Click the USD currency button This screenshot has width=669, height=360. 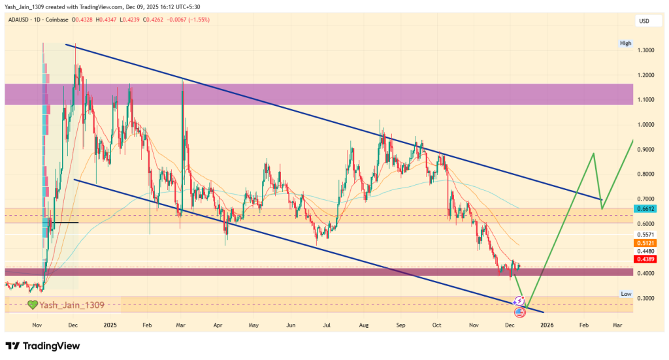[644, 22]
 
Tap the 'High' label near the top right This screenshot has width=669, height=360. [626, 43]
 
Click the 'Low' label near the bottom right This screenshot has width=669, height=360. [626, 294]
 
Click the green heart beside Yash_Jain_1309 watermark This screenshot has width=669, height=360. [31, 304]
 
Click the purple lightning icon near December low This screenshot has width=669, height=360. [519, 301]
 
